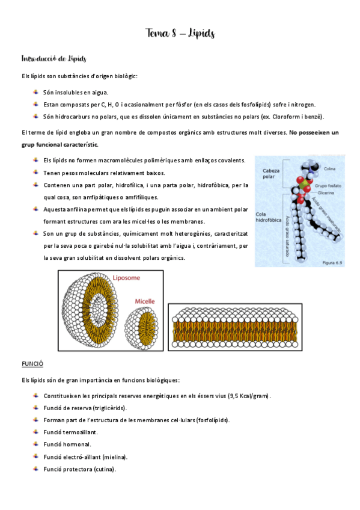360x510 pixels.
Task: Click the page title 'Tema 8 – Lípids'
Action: (180, 34)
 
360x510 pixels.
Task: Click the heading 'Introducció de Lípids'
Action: (53, 59)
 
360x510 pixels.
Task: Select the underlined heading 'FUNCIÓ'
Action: (32, 364)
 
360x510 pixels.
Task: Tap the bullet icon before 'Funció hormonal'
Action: (36, 444)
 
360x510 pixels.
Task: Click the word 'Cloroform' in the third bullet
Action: (286, 117)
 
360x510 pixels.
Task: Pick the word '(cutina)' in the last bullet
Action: (105, 469)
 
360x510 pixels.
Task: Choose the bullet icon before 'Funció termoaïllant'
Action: (36, 432)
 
